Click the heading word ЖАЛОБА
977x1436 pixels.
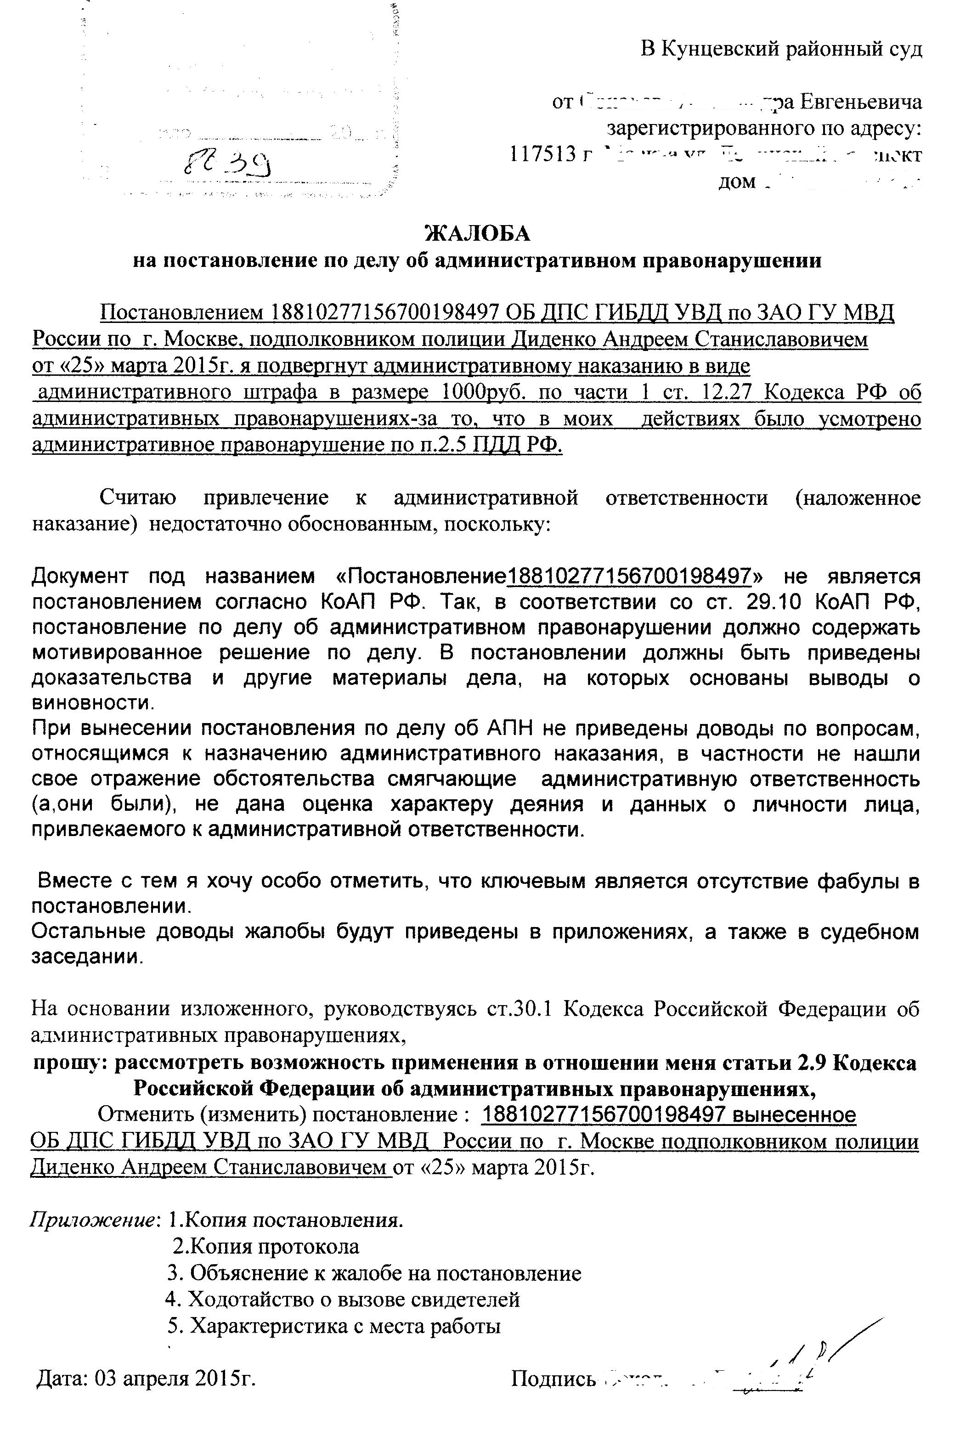click(477, 233)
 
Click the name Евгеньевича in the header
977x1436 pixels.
click(860, 102)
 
